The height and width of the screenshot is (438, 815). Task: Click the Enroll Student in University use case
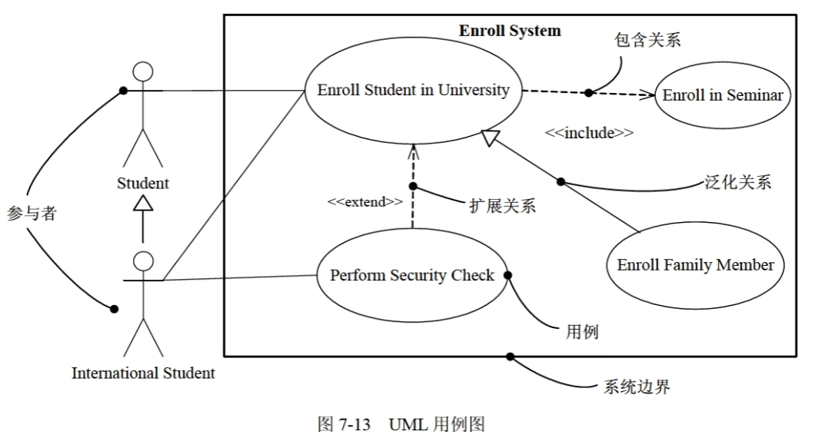(x=413, y=91)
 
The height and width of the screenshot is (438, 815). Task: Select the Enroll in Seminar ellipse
(x=722, y=95)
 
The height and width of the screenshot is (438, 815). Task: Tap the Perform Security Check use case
(x=412, y=275)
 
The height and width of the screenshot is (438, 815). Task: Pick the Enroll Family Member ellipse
(x=695, y=265)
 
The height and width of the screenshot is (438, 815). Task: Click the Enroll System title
(x=510, y=32)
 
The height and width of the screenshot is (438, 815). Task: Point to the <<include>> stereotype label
(x=589, y=133)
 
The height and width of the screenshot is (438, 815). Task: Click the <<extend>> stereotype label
(x=364, y=201)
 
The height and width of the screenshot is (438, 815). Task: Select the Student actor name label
(x=143, y=184)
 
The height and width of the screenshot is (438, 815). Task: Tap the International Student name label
(x=143, y=373)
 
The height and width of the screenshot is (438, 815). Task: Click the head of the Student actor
(x=143, y=72)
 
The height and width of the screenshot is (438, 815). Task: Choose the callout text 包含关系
(x=647, y=39)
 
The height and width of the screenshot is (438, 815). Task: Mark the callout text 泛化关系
(x=738, y=182)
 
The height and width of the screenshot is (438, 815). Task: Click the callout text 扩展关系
(x=502, y=205)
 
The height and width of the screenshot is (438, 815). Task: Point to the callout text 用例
(x=582, y=332)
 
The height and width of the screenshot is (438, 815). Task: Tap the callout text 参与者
(x=32, y=214)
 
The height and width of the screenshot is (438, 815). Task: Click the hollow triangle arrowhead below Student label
(x=143, y=202)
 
